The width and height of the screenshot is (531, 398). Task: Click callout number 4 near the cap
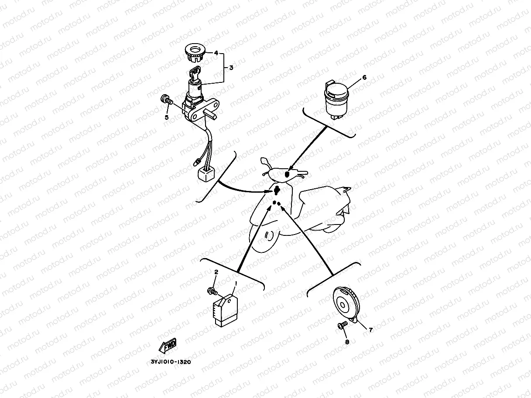(216, 53)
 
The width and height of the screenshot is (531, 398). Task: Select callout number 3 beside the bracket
(231, 68)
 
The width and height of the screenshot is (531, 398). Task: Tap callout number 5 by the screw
(166, 117)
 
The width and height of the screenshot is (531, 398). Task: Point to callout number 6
(365, 78)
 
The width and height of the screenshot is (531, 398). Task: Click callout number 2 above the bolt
(216, 272)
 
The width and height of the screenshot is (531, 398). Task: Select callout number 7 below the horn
(371, 330)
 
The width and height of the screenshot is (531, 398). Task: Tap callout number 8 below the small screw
(347, 342)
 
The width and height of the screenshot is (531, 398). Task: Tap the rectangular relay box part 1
(226, 309)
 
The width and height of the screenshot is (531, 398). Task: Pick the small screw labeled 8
(342, 325)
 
